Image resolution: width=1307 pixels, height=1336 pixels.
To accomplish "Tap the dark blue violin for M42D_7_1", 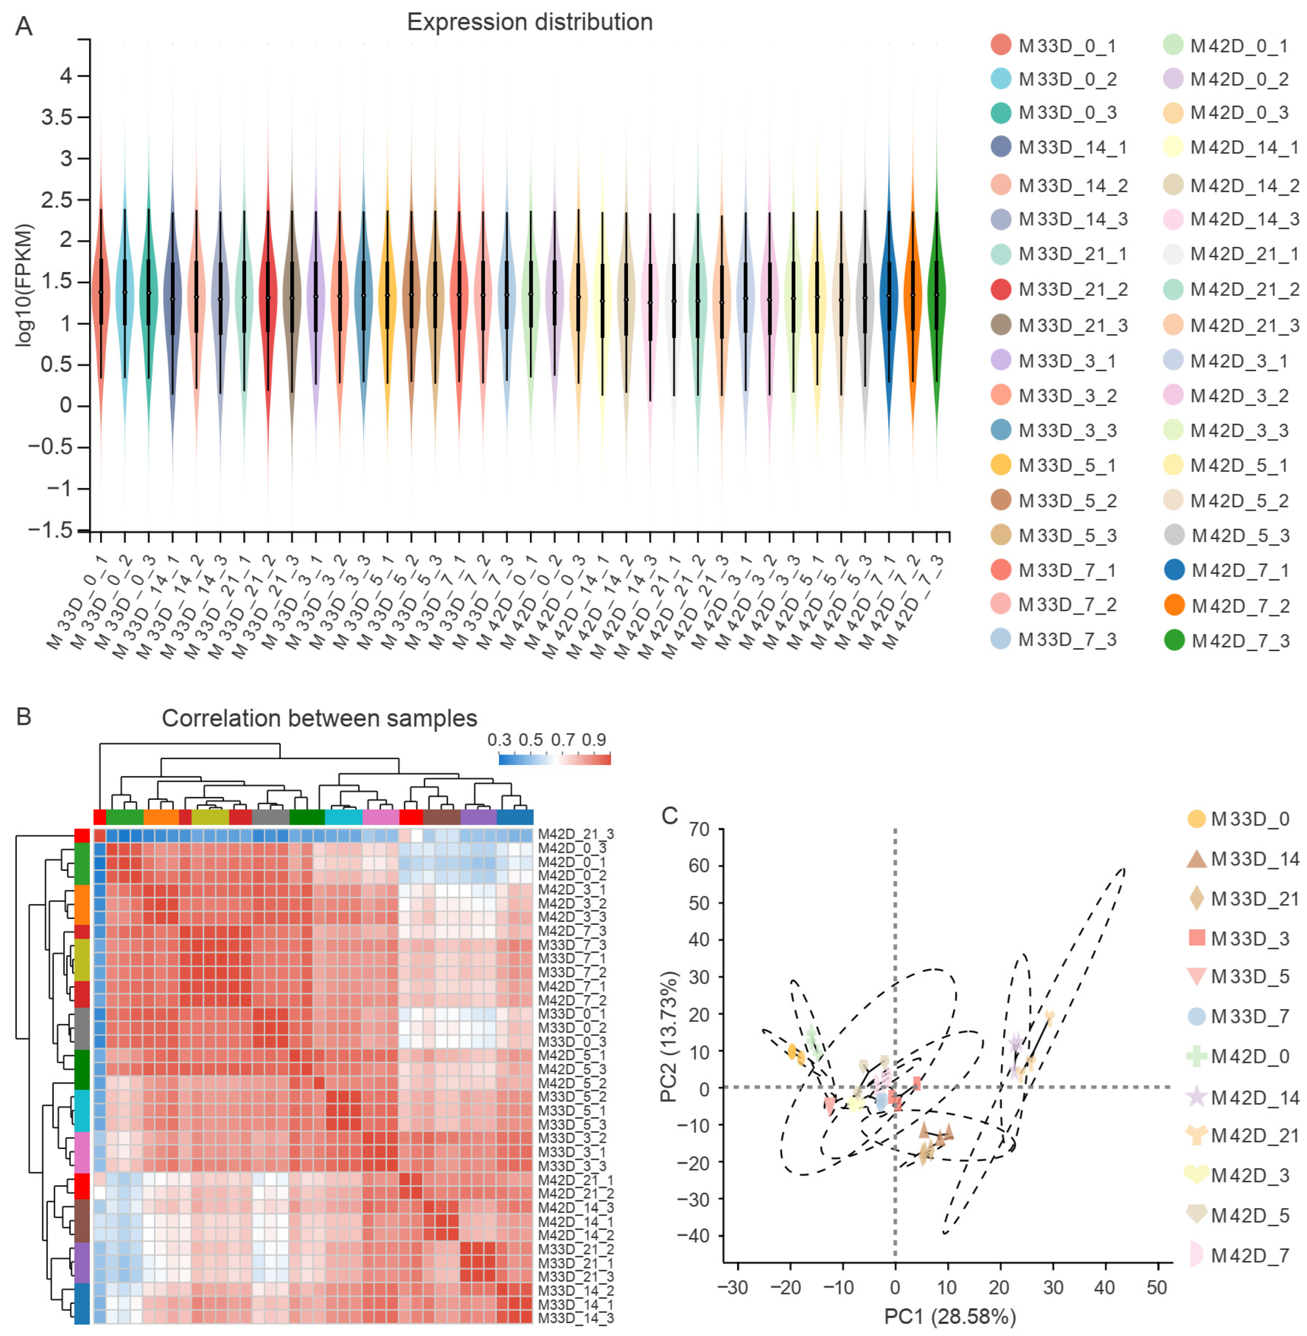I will (889, 295).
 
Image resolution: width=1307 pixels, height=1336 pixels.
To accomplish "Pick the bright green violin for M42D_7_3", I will (936, 295).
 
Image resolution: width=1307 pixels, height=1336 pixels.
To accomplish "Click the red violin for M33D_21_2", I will (268, 295).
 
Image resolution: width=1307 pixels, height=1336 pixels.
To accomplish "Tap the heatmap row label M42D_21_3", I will (575, 834).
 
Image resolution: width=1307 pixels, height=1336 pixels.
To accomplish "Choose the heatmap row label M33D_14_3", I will (575, 1318).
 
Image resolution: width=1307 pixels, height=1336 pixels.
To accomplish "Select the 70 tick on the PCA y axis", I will (699, 829).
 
